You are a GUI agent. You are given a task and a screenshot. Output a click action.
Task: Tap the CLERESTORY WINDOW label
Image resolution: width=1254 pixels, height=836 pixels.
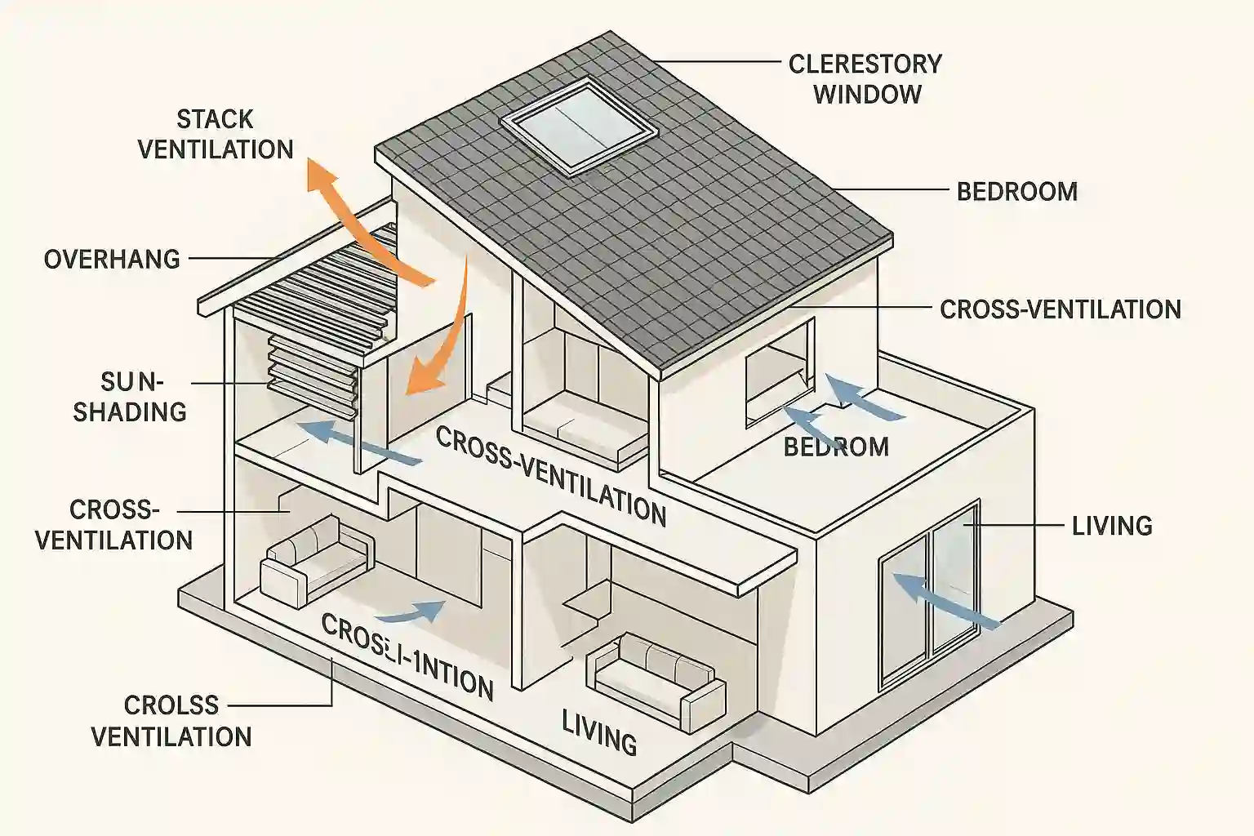point(865,79)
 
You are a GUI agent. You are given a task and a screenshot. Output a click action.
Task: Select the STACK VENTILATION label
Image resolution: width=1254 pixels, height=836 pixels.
point(216,135)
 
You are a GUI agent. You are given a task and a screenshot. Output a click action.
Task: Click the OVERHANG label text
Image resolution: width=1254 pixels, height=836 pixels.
point(112,260)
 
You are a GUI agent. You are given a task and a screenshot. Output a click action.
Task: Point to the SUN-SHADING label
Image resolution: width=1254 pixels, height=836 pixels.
point(131,397)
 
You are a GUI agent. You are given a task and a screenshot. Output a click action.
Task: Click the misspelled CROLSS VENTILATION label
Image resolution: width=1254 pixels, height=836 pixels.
point(171,721)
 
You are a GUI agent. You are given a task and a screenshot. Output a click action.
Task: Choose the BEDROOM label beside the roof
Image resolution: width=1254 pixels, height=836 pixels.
point(1016,192)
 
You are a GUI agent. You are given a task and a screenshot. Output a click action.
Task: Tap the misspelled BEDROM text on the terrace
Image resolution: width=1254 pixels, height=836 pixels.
point(836,447)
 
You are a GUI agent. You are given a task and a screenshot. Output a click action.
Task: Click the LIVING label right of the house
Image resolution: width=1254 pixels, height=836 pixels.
point(1111,526)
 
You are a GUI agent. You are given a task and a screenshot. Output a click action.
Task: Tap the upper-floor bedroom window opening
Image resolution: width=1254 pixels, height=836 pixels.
point(779,371)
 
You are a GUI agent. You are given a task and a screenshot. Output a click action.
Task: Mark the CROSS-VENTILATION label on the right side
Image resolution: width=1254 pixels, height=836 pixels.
point(1060,310)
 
